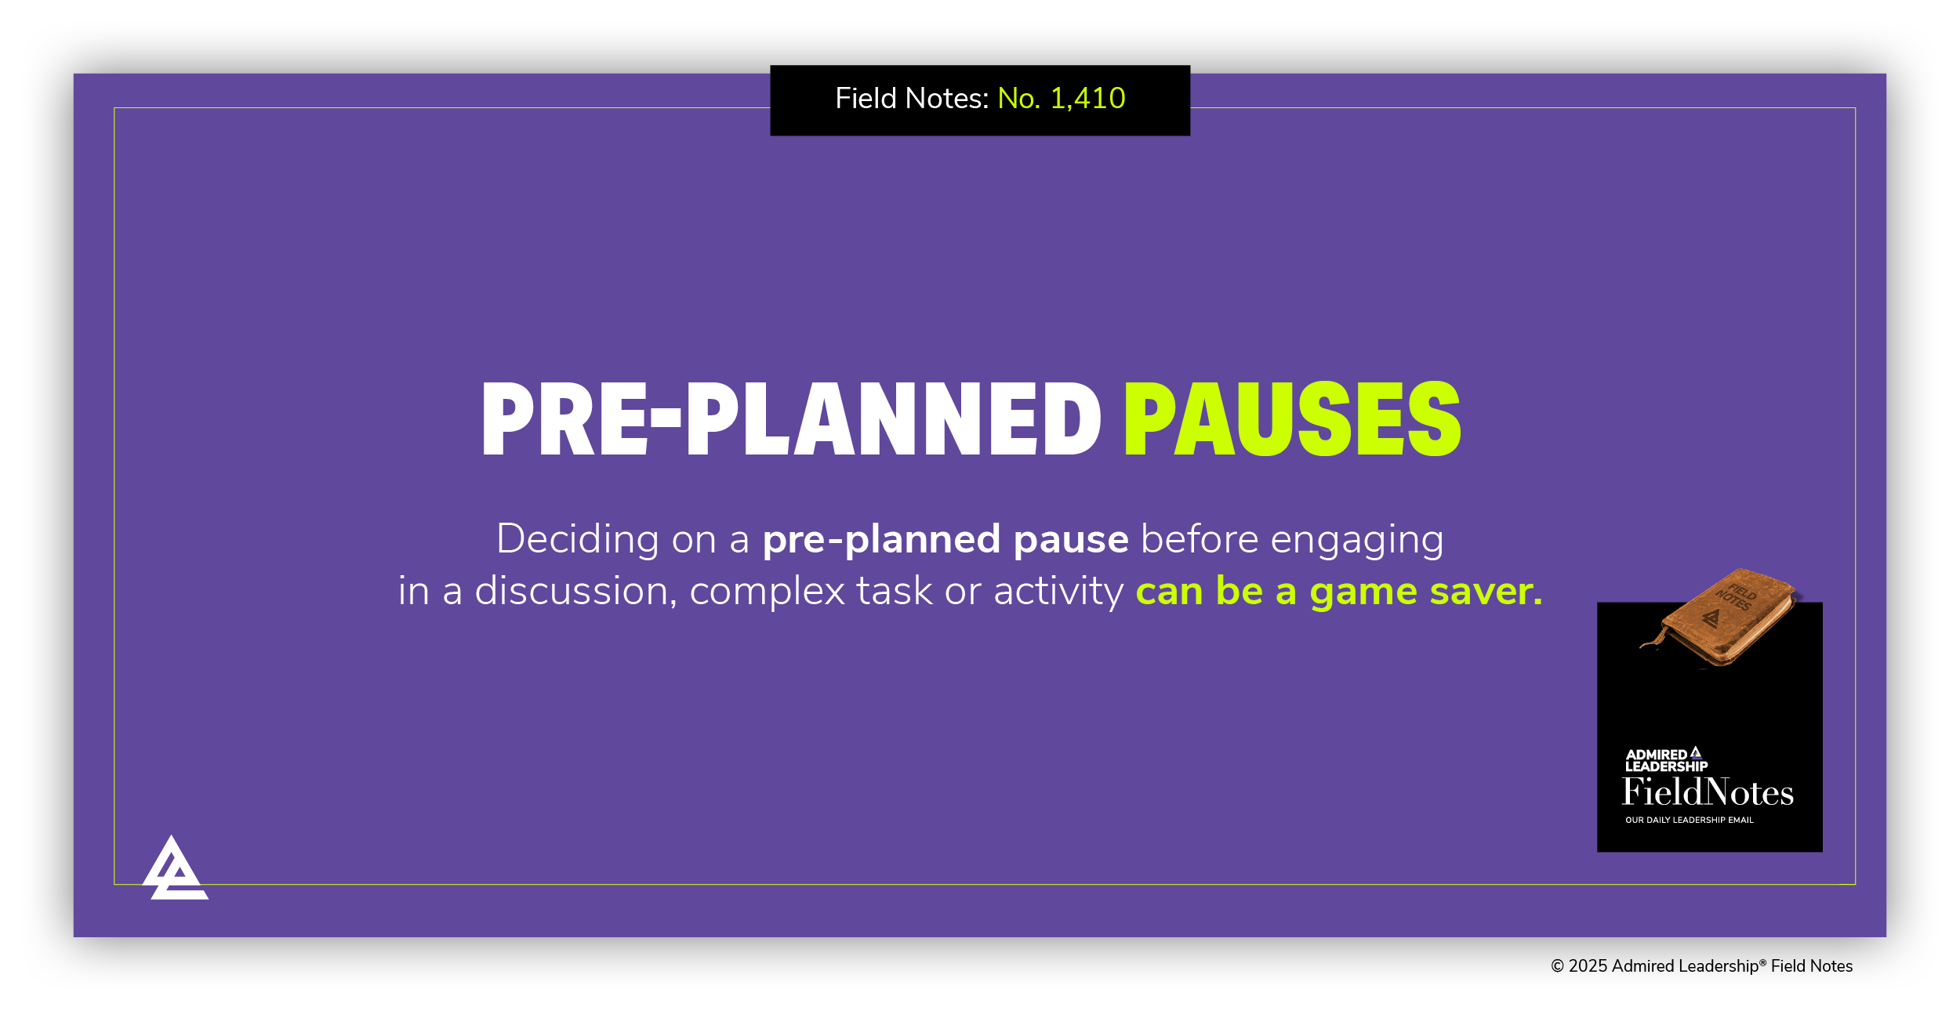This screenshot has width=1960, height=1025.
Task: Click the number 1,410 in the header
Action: tap(1087, 99)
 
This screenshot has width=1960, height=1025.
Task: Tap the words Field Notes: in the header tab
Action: tap(912, 99)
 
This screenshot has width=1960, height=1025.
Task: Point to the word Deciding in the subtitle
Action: tap(577, 541)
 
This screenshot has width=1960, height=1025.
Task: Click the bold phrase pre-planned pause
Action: tap(946, 540)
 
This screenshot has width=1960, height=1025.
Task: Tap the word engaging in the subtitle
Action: tap(1356, 541)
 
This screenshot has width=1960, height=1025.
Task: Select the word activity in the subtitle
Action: tap(1058, 592)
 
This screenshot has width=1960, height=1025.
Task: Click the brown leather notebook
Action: tap(1720, 620)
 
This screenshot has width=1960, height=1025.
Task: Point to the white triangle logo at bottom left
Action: tap(175, 870)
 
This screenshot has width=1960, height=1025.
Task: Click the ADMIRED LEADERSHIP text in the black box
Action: tap(1665, 761)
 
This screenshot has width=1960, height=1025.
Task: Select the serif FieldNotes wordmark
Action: tap(1708, 793)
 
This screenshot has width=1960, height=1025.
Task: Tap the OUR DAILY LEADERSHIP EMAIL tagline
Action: tap(1689, 820)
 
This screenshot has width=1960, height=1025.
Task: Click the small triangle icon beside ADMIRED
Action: tap(1696, 753)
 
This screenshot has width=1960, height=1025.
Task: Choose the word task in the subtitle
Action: tap(894, 592)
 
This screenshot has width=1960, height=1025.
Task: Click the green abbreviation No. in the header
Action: tap(1018, 99)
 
